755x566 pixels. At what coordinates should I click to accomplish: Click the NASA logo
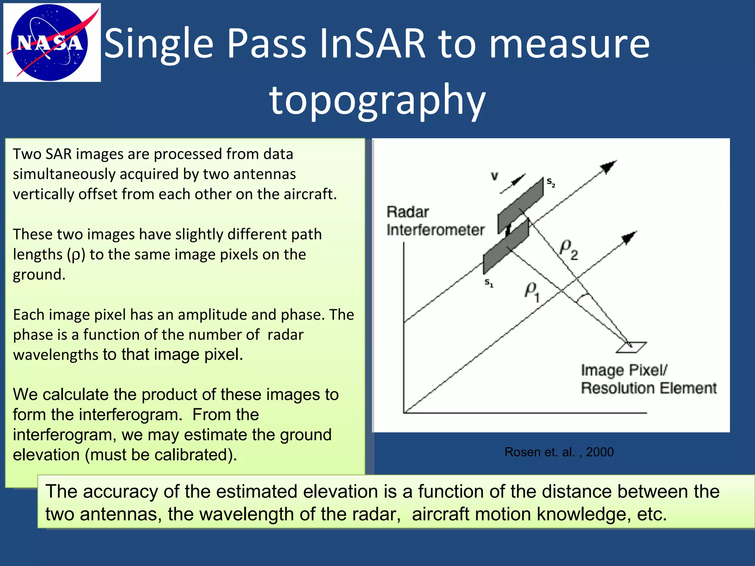pyautogui.click(x=52, y=42)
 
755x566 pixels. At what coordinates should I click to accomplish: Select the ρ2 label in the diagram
pyautogui.click(x=569, y=249)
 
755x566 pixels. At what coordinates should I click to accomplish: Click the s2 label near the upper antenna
pyautogui.click(x=551, y=182)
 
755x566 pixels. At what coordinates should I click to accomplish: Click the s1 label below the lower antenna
pyautogui.click(x=489, y=283)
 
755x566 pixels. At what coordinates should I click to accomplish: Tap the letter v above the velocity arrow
pyautogui.click(x=494, y=177)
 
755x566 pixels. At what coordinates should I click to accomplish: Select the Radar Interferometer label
pyautogui.click(x=435, y=221)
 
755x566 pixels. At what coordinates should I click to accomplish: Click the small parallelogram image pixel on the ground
pyautogui.click(x=632, y=347)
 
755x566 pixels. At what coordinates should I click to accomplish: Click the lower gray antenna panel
pyautogui.click(x=506, y=246)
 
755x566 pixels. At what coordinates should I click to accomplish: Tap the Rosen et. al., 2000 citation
pyautogui.click(x=559, y=452)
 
